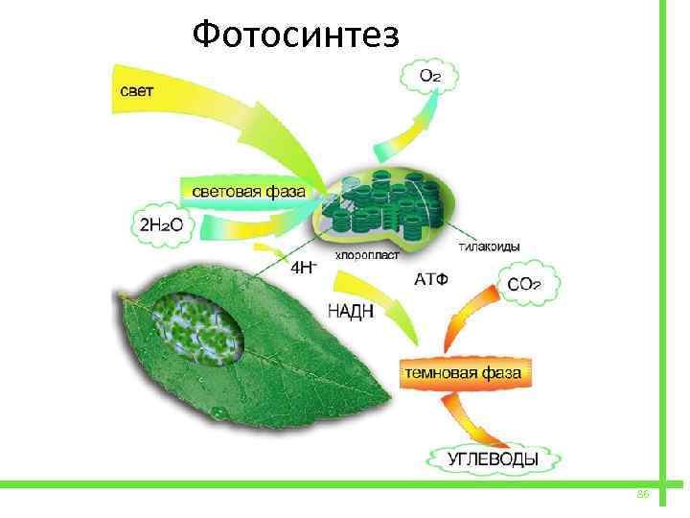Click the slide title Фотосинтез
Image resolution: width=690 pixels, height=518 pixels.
[x=294, y=35]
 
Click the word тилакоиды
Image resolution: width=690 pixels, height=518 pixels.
[x=489, y=247]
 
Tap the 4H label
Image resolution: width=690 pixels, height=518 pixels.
[x=302, y=268]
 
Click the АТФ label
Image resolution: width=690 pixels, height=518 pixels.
[x=431, y=279]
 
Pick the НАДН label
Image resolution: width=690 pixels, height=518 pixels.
[x=351, y=311]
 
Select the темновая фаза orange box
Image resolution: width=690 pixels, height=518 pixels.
[x=466, y=370]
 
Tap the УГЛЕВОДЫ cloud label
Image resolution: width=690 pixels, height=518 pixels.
[x=494, y=459]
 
